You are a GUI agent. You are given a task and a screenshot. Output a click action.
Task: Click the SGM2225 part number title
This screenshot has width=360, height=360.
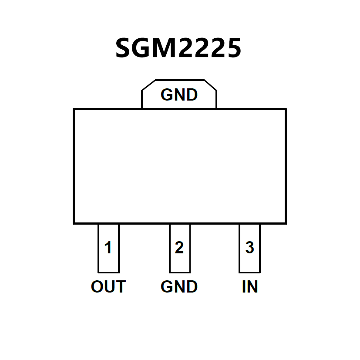178,48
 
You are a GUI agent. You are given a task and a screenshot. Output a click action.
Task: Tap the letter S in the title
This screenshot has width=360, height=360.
125,48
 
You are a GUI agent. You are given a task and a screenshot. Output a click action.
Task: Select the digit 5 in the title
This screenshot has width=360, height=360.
232,48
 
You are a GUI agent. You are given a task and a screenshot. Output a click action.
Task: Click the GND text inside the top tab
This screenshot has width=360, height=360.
179,95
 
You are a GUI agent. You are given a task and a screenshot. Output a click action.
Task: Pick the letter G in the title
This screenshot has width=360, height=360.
146,48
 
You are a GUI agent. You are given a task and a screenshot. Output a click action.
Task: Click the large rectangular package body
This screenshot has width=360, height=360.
179,166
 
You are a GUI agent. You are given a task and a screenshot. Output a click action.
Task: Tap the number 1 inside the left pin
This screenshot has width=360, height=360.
108,248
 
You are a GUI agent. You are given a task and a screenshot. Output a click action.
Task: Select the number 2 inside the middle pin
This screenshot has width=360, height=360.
179,248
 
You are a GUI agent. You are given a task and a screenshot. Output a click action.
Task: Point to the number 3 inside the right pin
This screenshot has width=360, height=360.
249,248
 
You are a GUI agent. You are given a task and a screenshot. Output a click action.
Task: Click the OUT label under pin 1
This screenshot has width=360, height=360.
108,287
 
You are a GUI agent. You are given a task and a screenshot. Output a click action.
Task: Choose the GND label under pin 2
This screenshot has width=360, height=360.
179,287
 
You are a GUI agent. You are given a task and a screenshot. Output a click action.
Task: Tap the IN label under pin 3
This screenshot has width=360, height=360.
250,287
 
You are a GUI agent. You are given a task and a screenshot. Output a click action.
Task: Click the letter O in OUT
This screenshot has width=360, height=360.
98,287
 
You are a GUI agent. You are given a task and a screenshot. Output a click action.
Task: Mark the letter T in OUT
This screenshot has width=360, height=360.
120,287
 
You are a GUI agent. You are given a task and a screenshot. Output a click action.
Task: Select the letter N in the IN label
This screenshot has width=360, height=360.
252,287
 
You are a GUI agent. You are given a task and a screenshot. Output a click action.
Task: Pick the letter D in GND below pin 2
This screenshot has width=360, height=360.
192,287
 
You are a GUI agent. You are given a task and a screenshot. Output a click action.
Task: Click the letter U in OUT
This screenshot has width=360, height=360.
109,287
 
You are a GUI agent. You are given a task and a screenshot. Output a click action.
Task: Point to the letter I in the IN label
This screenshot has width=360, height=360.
244,287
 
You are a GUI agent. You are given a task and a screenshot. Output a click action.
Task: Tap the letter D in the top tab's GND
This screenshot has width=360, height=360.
192,95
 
